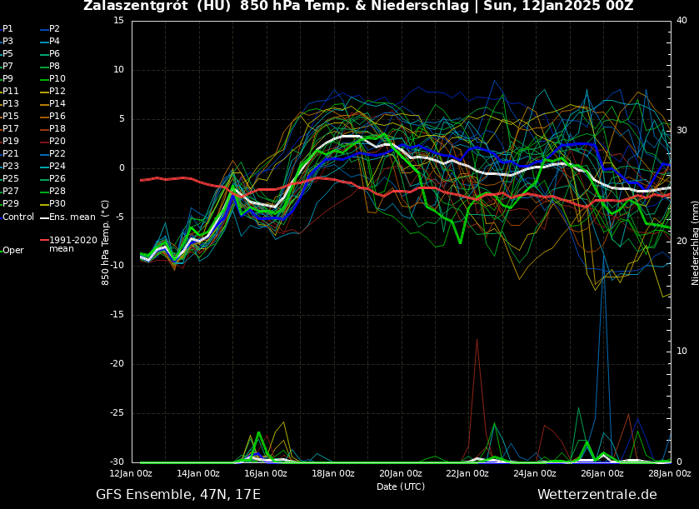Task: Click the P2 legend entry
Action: click(x=53, y=28)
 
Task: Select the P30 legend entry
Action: click(x=57, y=204)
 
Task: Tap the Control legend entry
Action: click(x=17, y=217)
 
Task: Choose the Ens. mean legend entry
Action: click(x=72, y=217)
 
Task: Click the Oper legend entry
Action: click(x=12, y=250)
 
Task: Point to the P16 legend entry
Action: click(x=57, y=117)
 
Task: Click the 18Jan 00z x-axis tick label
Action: click(x=333, y=473)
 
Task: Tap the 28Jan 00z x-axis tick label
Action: click(x=670, y=473)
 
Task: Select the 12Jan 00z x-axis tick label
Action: click(x=132, y=473)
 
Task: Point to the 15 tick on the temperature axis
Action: click(x=118, y=20)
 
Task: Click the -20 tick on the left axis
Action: click(x=116, y=364)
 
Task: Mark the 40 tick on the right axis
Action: click(x=682, y=20)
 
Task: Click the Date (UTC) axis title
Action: click(x=400, y=487)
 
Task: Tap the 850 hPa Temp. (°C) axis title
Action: click(x=106, y=242)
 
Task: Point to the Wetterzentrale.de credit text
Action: click(x=597, y=495)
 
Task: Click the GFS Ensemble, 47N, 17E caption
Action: click(x=178, y=495)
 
